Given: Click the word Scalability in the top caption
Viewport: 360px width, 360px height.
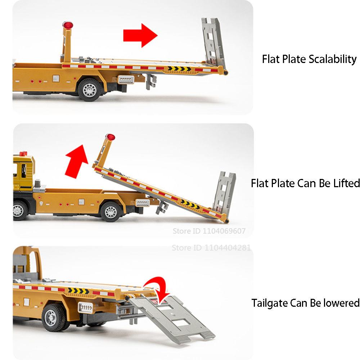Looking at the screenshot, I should point(333,59).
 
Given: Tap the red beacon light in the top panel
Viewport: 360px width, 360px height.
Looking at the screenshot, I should point(67,26).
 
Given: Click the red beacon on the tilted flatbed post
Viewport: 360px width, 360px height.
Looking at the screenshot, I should point(111,137).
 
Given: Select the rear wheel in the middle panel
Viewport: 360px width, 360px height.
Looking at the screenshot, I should point(111,211).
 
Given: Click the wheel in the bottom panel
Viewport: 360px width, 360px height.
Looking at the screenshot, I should point(54,317).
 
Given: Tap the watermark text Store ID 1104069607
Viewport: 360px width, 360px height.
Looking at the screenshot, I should point(209,231).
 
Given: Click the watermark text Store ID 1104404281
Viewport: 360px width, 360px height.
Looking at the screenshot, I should point(211,248).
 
